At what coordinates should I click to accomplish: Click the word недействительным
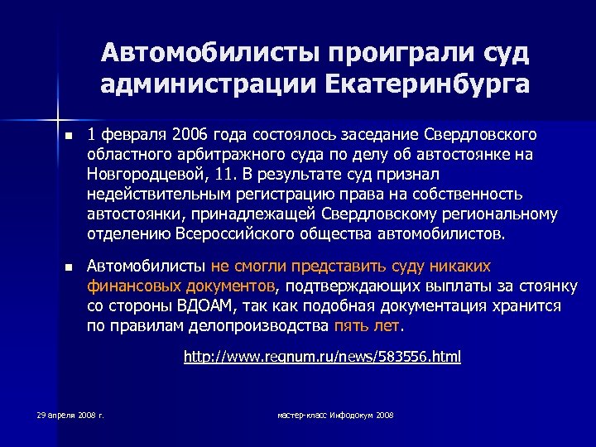[155, 194]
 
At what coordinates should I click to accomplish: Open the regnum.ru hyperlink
[321, 358]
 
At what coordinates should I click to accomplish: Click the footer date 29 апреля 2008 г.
[70, 414]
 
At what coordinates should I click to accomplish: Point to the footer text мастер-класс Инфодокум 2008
[334, 414]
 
